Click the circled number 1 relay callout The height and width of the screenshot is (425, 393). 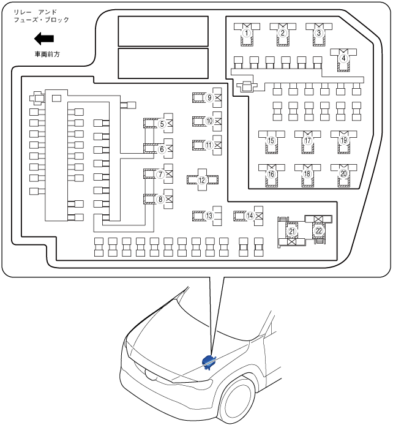click(247, 32)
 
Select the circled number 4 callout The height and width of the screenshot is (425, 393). click(343, 58)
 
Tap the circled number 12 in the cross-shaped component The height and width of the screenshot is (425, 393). click(203, 180)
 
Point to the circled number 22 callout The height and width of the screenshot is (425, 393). click(319, 231)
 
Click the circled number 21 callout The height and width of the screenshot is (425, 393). click(292, 231)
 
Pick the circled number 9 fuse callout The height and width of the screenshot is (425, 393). click(209, 97)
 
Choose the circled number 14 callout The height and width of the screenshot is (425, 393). click(250, 216)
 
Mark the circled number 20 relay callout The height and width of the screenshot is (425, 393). click(343, 174)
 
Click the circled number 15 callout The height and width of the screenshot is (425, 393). click(271, 140)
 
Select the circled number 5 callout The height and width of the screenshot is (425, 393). click(162, 124)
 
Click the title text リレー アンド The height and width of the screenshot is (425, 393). click(37, 11)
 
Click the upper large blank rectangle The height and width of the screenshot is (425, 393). click(163, 30)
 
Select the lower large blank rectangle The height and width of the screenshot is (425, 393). click(163, 63)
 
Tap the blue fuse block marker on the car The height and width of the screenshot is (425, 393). click(208, 362)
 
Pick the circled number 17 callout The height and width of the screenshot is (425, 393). click(307, 140)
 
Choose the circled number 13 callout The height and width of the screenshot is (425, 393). click(209, 216)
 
